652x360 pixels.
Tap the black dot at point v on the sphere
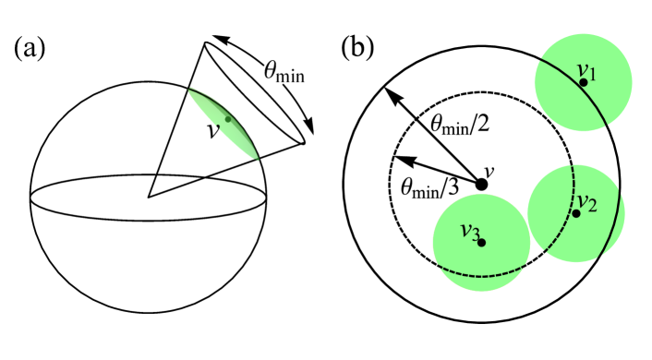tap(227, 119)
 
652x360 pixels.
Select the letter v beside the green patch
tap(213, 130)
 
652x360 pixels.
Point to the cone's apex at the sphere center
tap(149, 197)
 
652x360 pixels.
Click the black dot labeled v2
tap(576, 213)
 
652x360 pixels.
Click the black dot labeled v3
tap(481, 243)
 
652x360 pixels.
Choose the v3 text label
tap(469, 232)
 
